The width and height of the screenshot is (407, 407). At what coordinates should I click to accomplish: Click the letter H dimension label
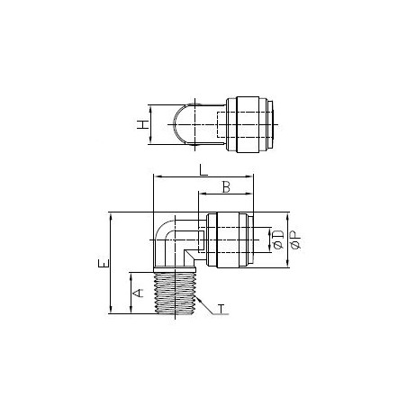click(141, 125)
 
